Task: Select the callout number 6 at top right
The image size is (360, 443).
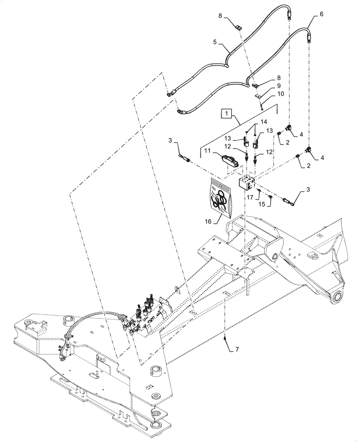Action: (x=321, y=15)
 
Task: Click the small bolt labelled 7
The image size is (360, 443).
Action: (x=226, y=339)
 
